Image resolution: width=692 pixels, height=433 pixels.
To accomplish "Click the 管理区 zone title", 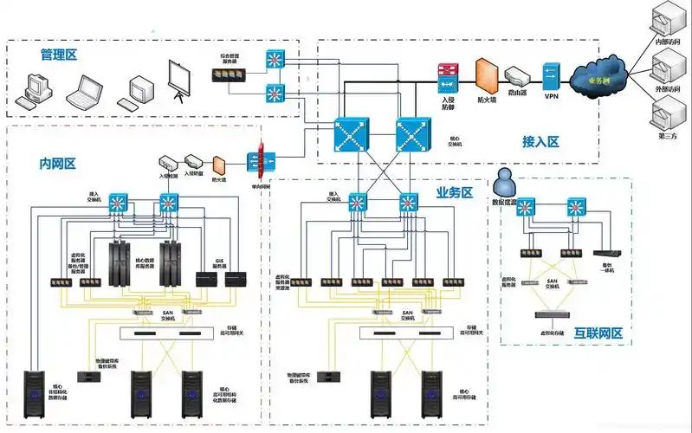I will (59, 55).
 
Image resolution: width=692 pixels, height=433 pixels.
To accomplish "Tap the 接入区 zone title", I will (540, 141).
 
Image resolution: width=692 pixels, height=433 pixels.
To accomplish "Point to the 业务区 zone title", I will (454, 192).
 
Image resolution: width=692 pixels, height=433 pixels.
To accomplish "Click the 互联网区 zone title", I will (598, 333).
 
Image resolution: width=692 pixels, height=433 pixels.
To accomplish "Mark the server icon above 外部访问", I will (669, 66).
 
